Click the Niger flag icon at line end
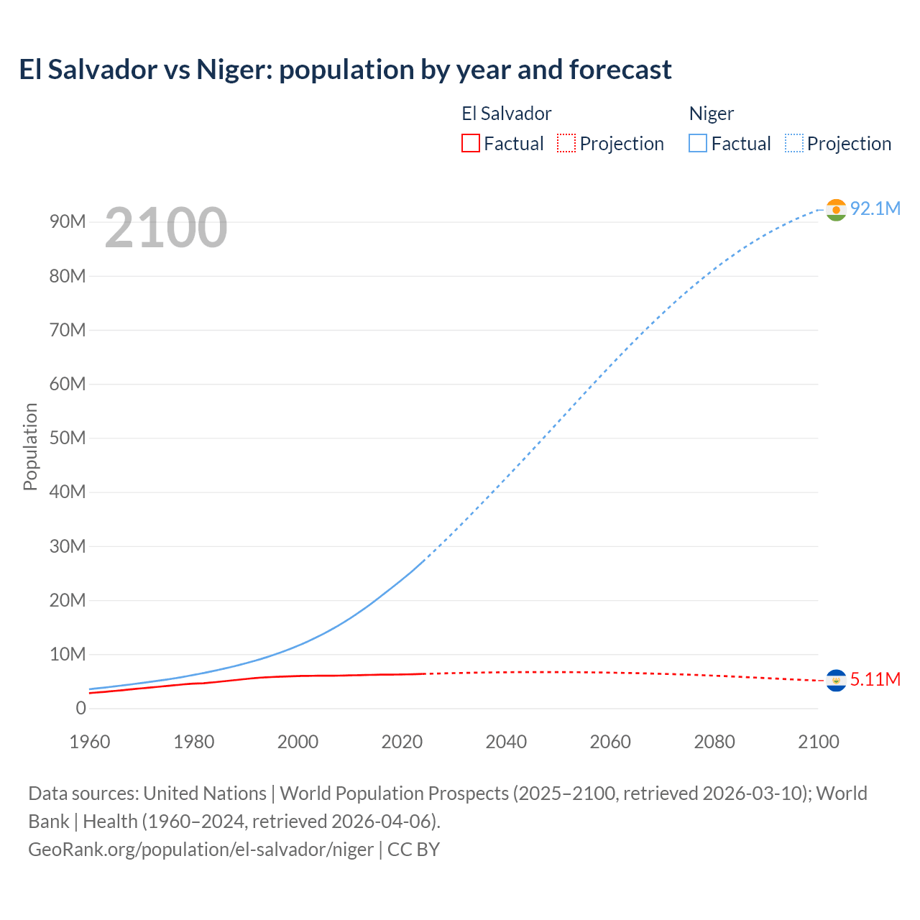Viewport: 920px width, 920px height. pos(836,209)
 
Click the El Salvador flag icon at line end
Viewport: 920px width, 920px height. pos(836,680)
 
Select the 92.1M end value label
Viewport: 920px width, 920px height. pos(875,208)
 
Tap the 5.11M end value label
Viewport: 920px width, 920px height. pos(875,679)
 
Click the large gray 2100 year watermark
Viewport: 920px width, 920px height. pos(166,228)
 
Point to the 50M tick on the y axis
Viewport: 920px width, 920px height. pos(68,438)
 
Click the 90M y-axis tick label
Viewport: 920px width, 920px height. pos(68,221)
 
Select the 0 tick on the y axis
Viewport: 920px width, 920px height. pos(80,708)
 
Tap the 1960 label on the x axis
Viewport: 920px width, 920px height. pos(90,742)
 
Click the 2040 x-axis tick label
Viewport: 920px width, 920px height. pos(506,742)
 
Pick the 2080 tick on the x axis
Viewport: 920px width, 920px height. pos(714,742)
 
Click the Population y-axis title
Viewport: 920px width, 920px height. pos(30,446)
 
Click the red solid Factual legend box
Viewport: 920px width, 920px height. pos(470,143)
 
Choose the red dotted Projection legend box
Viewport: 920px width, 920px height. pos(566,143)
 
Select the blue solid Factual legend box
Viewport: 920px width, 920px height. pos(697,143)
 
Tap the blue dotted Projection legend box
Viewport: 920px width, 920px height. pos(793,143)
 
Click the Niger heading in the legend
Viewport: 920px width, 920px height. pos(711,114)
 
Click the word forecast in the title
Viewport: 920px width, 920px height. pos(620,70)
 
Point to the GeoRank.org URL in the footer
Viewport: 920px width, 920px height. pos(201,849)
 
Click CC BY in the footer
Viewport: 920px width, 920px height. pos(413,849)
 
